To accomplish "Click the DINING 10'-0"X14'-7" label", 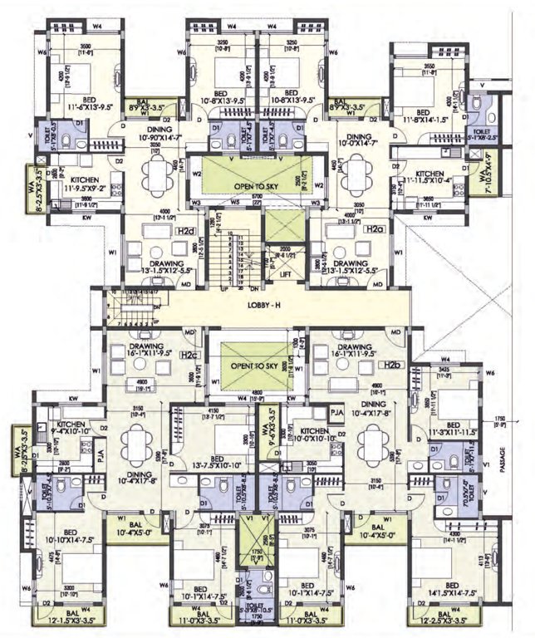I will pyautogui.click(x=359, y=141).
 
